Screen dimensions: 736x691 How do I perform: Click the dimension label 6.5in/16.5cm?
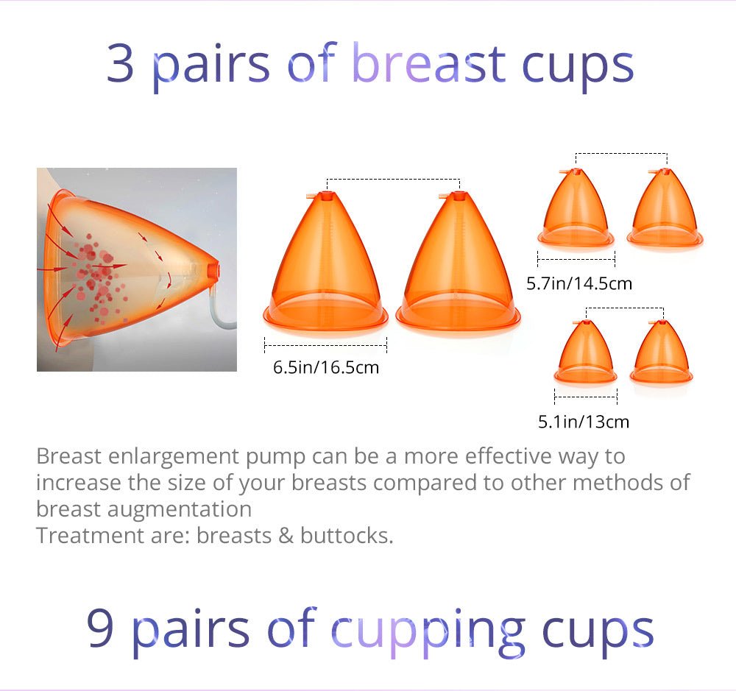(x=326, y=367)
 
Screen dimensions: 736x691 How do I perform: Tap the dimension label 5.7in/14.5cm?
(x=578, y=283)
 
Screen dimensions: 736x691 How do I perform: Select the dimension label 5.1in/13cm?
(x=584, y=422)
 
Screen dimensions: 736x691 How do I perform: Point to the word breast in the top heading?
(x=428, y=63)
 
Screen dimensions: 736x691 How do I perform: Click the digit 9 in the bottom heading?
(x=100, y=628)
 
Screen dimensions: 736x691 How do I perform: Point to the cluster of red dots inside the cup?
(x=96, y=277)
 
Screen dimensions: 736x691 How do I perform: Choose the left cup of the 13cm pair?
(x=585, y=351)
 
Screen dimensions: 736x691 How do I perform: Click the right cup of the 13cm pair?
(x=661, y=351)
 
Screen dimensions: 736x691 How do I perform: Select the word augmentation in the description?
(x=180, y=510)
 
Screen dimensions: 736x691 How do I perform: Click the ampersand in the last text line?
(x=286, y=536)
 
